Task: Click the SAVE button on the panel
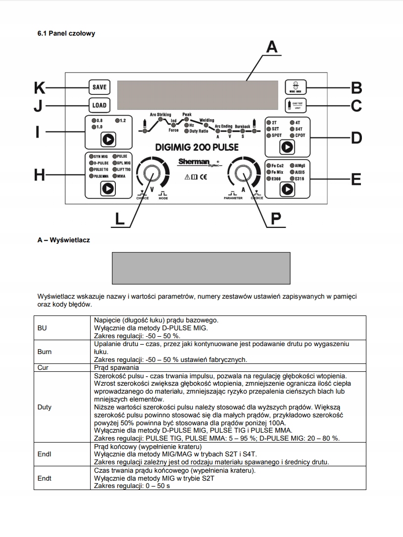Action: click(x=100, y=87)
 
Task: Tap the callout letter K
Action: click(x=40, y=88)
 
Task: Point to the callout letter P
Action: click(x=276, y=218)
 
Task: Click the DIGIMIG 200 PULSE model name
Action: click(x=197, y=147)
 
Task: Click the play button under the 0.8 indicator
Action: click(x=107, y=139)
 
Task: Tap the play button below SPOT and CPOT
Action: click(x=287, y=146)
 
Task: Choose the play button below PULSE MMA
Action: click(x=107, y=188)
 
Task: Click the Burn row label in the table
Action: click(x=45, y=352)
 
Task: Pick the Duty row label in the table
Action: click(x=45, y=407)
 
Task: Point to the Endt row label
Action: click(x=45, y=479)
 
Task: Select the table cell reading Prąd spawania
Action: click(x=115, y=368)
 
